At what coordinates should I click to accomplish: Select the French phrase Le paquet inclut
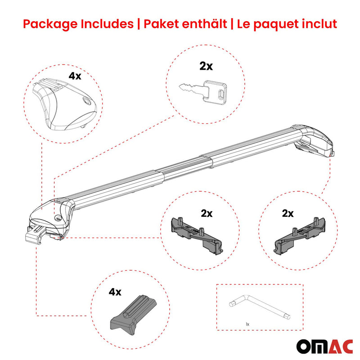click(x=285, y=24)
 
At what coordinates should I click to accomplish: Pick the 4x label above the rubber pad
click(x=115, y=292)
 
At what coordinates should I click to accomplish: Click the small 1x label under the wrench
click(x=247, y=324)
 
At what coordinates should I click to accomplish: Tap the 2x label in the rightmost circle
click(x=288, y=213)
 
